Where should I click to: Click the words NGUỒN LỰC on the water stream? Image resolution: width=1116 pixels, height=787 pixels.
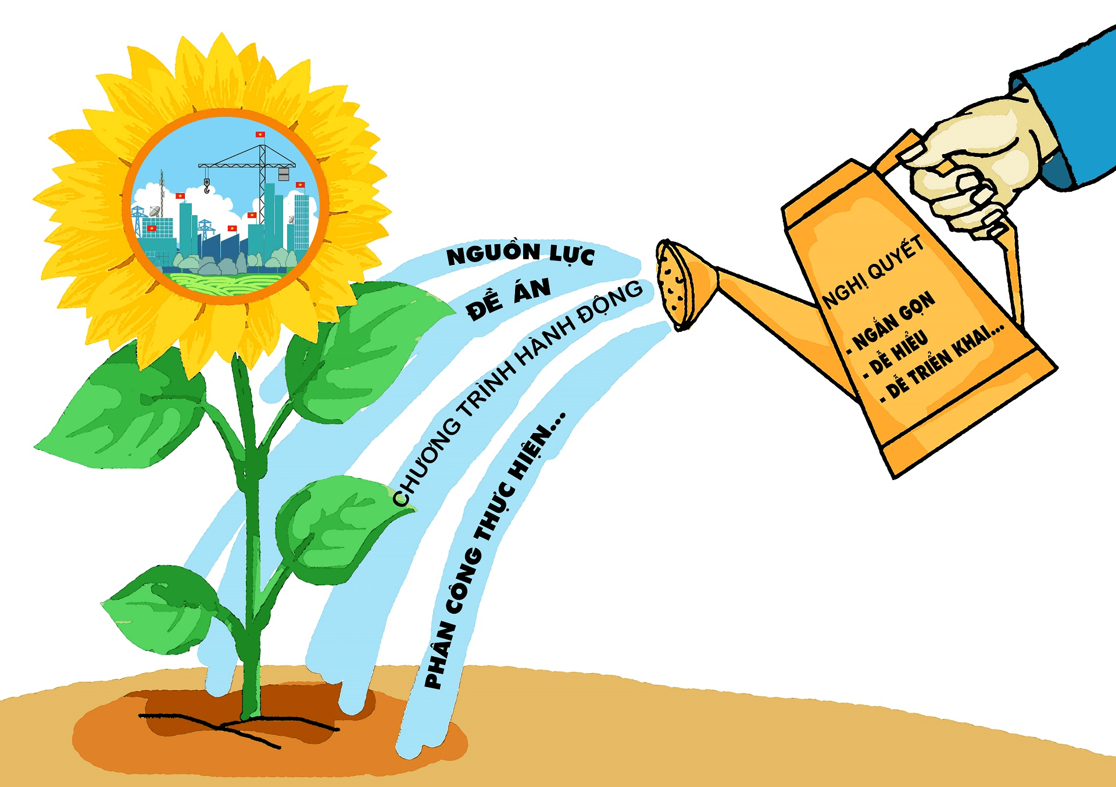tap(520, 255)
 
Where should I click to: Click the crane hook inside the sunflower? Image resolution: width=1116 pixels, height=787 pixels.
tap(206, 186)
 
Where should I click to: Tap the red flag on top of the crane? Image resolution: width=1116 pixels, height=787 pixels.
tap(260, 135)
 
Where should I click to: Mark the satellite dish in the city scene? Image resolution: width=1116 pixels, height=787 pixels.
tap(155, 210)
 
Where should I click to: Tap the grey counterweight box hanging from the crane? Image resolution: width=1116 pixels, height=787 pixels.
tap(284, 174)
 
